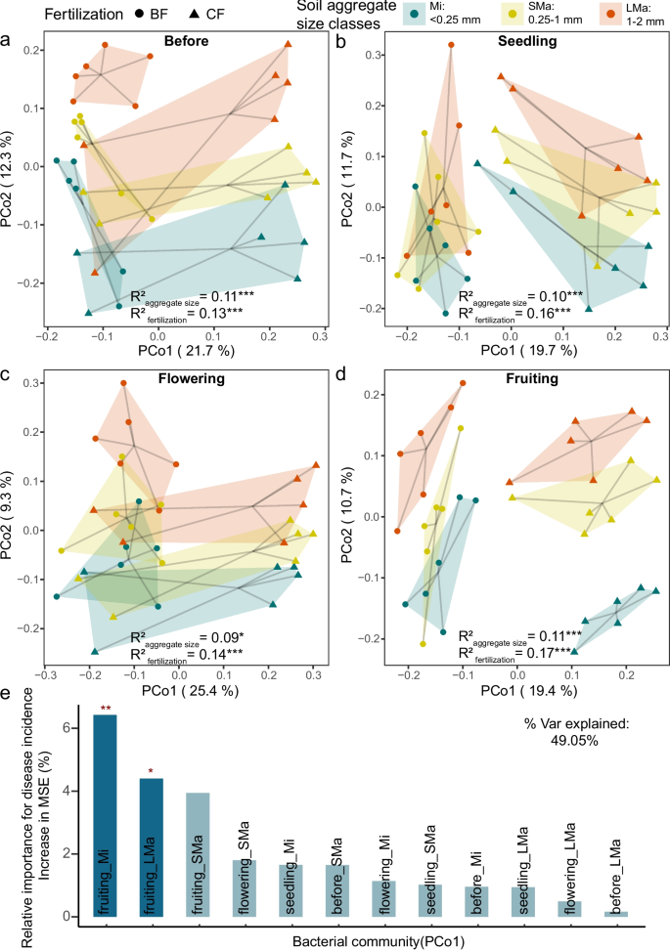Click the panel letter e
7,668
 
